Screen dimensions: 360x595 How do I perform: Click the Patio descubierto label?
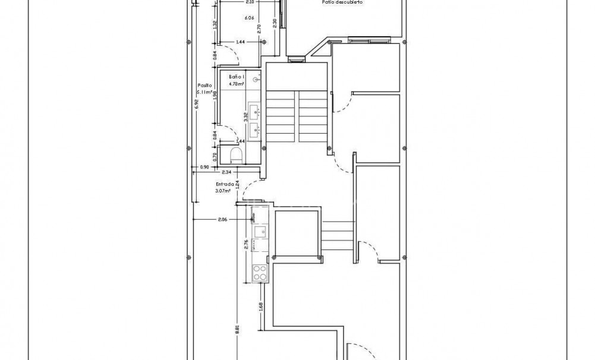tap(342, 3)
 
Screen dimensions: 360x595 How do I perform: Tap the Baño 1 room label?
tap(237, 77)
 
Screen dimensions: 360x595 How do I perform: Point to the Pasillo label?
tap(204, 85)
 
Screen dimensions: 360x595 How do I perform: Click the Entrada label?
tap(225, 184)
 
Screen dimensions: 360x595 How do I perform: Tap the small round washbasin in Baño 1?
tap(256, 79)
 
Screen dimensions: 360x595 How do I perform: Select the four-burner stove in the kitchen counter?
tap(260, 273)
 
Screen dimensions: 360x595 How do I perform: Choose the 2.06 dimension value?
tap(223, 220)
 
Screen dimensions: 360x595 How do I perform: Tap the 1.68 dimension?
tap(262, 307)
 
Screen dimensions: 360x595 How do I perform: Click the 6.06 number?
tap(250, 18)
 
